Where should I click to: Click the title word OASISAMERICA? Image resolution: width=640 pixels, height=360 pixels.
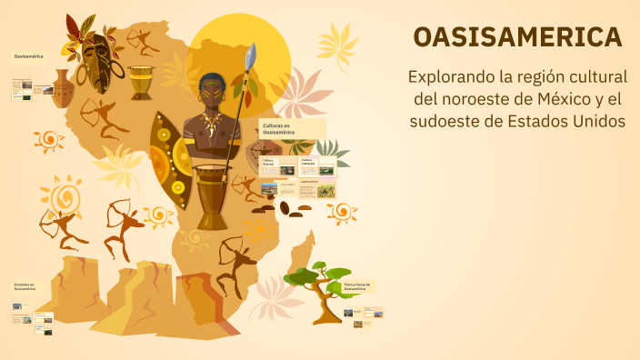[517, 37]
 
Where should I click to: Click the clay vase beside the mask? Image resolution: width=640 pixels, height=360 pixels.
[62, 90]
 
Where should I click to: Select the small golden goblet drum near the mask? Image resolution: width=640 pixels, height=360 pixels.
[141, 82]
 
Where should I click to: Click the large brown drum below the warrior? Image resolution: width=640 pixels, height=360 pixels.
[212, 195]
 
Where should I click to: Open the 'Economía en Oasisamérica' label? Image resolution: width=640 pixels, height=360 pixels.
[25, 287]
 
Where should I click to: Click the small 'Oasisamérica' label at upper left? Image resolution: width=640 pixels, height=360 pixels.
[29, 56]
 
